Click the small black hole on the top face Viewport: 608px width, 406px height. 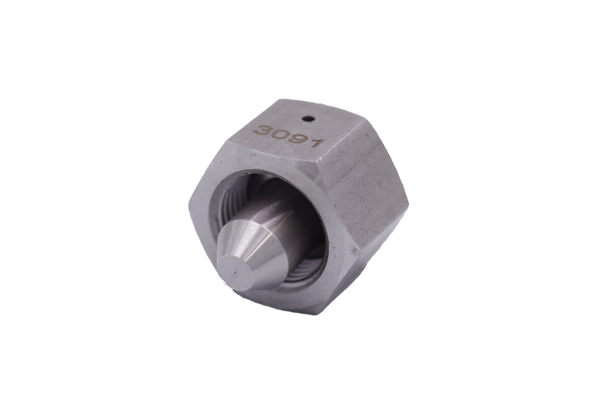(x=309, y=118)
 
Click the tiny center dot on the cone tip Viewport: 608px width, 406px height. (x=235, y=273)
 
